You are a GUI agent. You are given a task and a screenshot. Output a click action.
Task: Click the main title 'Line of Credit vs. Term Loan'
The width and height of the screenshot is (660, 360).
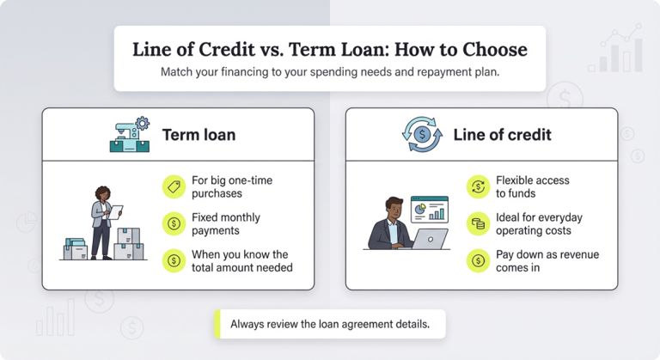pyautogui.click(x=329, y=49)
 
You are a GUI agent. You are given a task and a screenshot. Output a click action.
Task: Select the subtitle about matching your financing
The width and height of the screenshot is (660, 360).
pyautogui.click(x=329, y=72)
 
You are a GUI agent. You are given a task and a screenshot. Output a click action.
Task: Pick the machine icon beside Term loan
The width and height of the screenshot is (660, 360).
pyautogui.click(x=130, y=135)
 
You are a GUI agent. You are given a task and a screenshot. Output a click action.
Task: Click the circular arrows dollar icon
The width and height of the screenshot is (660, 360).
pyautogui.click(x=422, y=135)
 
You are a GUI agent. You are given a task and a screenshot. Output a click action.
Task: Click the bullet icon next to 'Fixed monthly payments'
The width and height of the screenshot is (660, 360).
pyautogui.click(x=174, y=224)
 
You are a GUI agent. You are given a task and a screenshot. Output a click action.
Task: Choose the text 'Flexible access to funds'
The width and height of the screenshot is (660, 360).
pyautogui.click(x=532, y=187)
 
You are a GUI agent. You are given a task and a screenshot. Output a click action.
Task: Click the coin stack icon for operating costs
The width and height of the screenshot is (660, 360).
pyautogui.click(x=477, y=224)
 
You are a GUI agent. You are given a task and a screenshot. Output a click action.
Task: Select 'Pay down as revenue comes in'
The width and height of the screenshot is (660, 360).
pyautogui.click(x=547, y=261)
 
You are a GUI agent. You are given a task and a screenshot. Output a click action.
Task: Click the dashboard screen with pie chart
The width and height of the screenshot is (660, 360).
pyautogui.click(x=429, y=208)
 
